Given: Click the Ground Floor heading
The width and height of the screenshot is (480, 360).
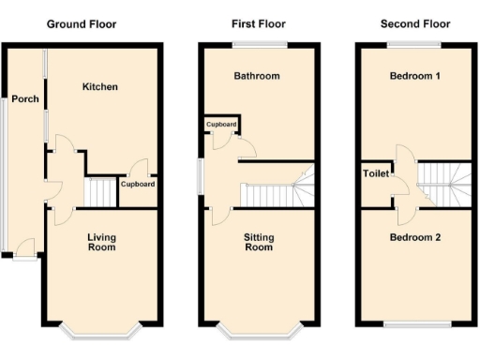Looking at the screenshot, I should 82,23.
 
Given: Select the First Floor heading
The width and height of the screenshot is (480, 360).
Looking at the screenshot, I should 257,23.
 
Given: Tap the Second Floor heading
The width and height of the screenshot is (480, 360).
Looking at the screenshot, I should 414,23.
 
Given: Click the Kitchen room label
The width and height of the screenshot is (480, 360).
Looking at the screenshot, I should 100,87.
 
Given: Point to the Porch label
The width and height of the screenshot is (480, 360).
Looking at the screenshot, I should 25,99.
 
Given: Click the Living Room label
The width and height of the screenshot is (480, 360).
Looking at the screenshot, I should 101,243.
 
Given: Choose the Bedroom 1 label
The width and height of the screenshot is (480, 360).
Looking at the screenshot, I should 414,76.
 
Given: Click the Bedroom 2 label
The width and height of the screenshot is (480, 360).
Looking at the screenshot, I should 414,237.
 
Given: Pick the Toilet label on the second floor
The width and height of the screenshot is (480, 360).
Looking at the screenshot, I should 376,173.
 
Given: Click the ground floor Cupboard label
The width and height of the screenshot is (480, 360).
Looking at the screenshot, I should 138,185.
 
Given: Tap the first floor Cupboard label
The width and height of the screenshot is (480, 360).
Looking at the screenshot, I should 221,123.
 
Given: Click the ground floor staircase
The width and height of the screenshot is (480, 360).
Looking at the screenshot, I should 99,192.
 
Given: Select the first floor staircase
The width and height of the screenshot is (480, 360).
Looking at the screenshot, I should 277,192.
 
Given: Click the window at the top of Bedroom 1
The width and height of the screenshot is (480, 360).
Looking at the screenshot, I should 414,44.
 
